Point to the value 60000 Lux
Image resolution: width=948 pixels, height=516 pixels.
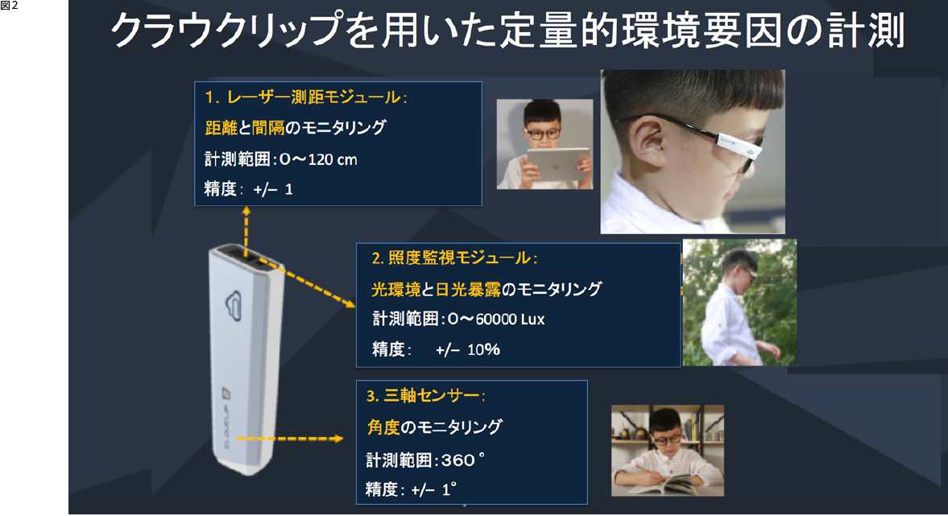tap(509, 320)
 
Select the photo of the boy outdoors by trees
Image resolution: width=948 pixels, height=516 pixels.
tap(739, 302)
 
